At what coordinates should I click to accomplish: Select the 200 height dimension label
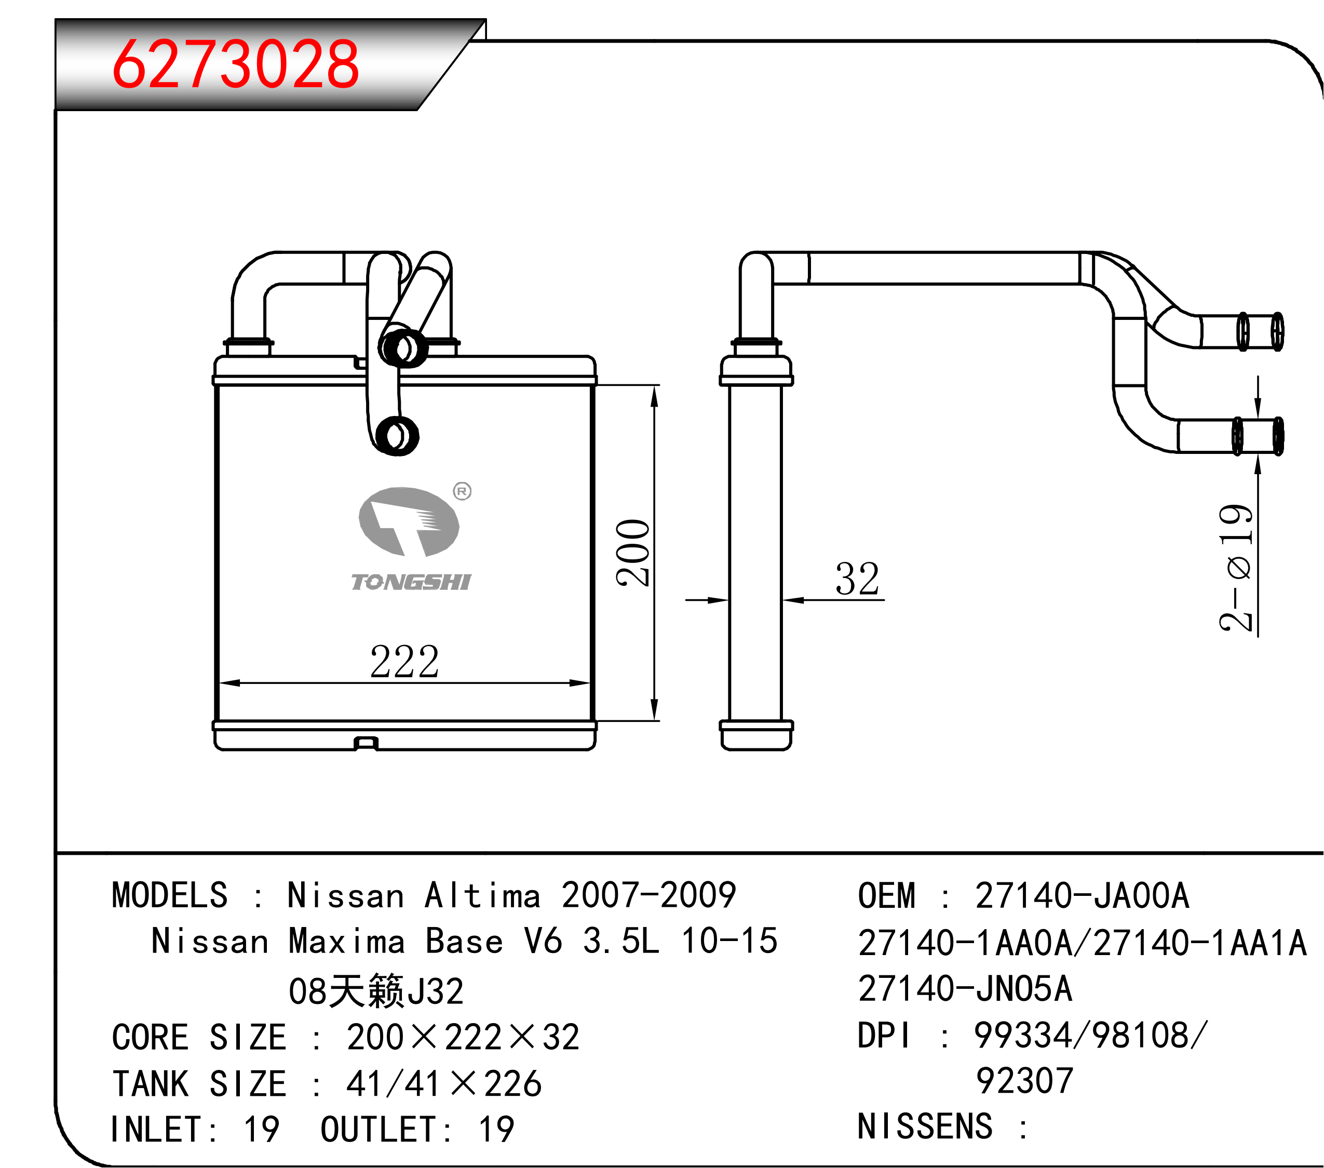tap(633, 553)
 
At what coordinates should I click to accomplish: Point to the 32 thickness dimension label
tap(858, 579)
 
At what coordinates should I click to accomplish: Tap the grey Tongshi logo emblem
tap(409, 521)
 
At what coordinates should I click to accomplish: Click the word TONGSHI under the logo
tap(411, 582)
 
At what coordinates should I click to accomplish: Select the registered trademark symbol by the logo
tap(462, 491)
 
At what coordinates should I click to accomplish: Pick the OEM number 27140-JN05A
tap(965, 988)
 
